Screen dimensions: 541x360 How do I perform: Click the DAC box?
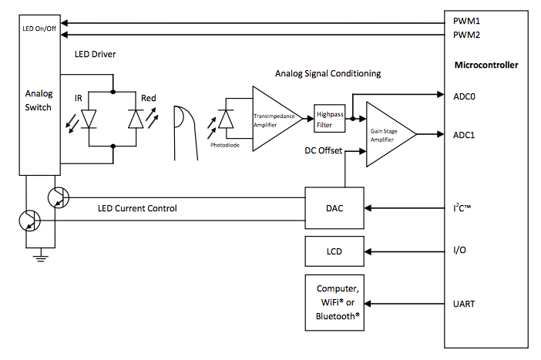(334, 208)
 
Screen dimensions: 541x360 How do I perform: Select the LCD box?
(334, 251)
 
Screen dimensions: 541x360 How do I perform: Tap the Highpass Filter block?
(330, 119)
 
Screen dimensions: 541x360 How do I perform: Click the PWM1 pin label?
(466, 21)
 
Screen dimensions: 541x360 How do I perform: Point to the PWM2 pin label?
(466, 35)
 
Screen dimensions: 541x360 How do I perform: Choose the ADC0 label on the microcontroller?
(464, 96)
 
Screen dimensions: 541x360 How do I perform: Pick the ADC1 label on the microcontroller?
(464, 135)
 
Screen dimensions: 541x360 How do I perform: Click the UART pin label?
(464, 304)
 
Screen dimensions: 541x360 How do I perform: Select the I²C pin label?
(462, 208)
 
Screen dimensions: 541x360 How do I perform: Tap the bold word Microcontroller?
(486, 65)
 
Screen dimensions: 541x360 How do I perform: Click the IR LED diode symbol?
(89, 119)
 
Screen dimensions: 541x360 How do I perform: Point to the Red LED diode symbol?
(136, 119)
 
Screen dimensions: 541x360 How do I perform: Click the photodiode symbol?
(226, 119)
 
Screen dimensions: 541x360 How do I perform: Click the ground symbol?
(41, 257)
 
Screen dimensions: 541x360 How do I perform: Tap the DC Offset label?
(323, 150)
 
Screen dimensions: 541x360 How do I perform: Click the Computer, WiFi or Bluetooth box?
(334, 303)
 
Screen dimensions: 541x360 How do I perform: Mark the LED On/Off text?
(39, 29)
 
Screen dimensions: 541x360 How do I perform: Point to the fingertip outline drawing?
(186, 133)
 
